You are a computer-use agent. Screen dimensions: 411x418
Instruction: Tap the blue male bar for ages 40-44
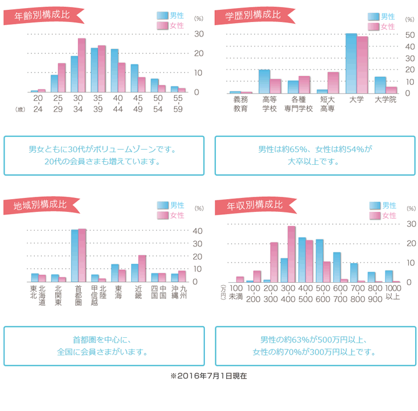[114, 71]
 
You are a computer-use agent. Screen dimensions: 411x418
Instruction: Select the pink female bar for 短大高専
[333, 82]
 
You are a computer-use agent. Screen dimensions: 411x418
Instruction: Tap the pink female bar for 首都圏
[82, 255]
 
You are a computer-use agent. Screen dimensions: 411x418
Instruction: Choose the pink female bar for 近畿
[142, 268]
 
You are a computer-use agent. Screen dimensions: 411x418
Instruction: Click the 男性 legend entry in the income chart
[384, 205]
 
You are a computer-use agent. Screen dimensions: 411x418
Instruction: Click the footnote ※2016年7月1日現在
[208, 376]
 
